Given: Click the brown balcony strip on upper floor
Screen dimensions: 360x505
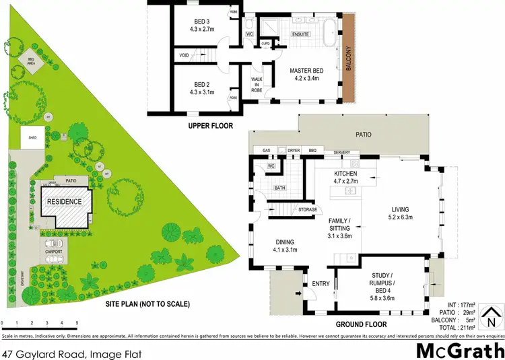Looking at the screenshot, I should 348,45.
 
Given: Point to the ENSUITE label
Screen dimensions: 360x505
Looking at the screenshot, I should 300,34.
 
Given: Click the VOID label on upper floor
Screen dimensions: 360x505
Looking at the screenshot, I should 184,55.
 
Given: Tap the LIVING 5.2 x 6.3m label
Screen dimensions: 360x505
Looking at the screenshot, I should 401,213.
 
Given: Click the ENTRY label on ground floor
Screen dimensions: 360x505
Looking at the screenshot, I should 320,284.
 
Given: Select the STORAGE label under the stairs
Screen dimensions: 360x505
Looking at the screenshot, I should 308,210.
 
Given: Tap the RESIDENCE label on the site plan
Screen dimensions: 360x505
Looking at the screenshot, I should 64,201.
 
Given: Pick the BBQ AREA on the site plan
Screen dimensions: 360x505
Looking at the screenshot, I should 30,60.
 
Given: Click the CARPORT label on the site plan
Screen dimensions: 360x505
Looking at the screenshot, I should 54,251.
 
